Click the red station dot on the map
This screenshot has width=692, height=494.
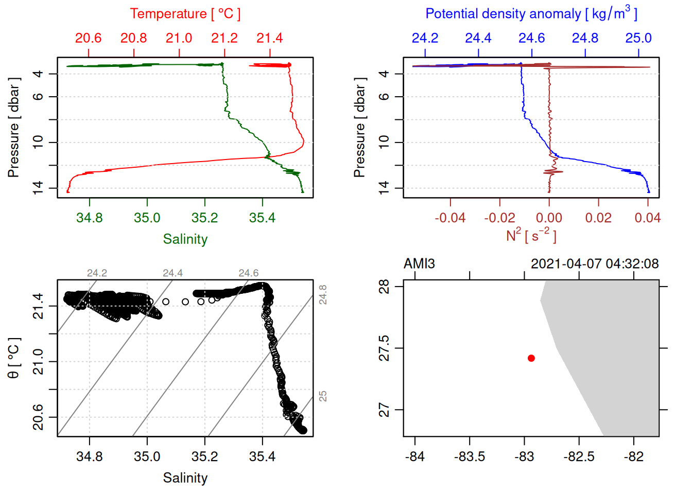point(531,358)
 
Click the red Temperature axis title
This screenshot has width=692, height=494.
point(185,14)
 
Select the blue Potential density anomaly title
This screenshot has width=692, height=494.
point(531,13)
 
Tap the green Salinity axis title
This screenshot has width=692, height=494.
point(185,239)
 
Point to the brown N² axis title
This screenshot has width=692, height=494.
point(531,236)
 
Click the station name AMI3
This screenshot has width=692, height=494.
point(419,264)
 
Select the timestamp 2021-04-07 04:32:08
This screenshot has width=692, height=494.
point(594,264)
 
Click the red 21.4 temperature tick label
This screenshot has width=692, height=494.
point(269,38)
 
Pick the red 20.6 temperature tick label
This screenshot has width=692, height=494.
point(88,38)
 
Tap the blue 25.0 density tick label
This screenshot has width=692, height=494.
point(638,38)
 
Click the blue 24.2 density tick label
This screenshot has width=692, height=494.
point(425,38)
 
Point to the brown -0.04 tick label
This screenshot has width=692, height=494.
point(450,218)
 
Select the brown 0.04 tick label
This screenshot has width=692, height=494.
point(648,218)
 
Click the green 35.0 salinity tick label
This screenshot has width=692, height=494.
point(147,218)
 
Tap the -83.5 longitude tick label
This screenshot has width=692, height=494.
point(470,457)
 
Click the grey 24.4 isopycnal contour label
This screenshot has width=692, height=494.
point(172,273)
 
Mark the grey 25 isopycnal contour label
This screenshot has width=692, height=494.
point(322,396)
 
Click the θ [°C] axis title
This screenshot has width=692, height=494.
point(14,358)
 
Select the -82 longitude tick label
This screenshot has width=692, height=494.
point(633,457)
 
